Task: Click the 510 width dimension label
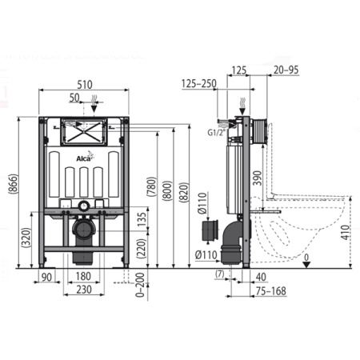pos(85,85)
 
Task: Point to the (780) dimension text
pos(152,186)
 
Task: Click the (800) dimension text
pos(167,190)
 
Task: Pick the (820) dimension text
pos(184,192)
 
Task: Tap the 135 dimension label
pos(142,219)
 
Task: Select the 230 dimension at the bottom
pos(84,290)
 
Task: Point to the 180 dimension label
pos(83,276)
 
